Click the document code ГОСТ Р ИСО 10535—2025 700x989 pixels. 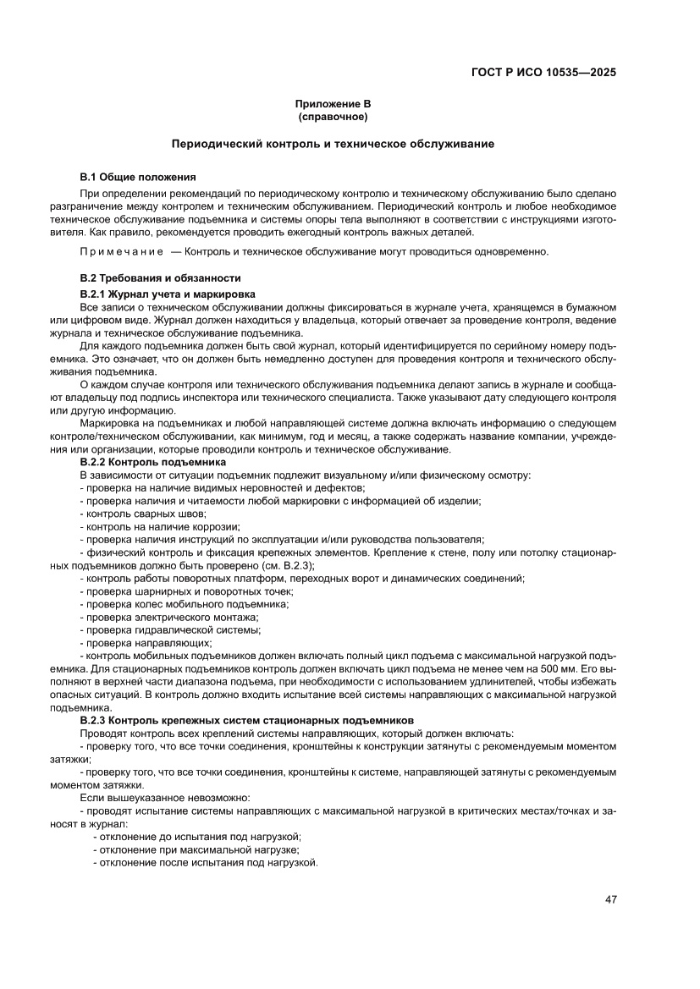(x=543, y=72)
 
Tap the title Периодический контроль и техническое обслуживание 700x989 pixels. (x=333, y=145)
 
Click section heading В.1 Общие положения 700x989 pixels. (x=138, y=177)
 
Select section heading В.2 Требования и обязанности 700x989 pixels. (x=161, y=277)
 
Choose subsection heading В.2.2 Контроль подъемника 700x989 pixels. (x=152, y=463)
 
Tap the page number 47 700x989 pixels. (x=610, y=899)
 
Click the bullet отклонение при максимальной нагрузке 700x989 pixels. (x=196, y=849)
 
